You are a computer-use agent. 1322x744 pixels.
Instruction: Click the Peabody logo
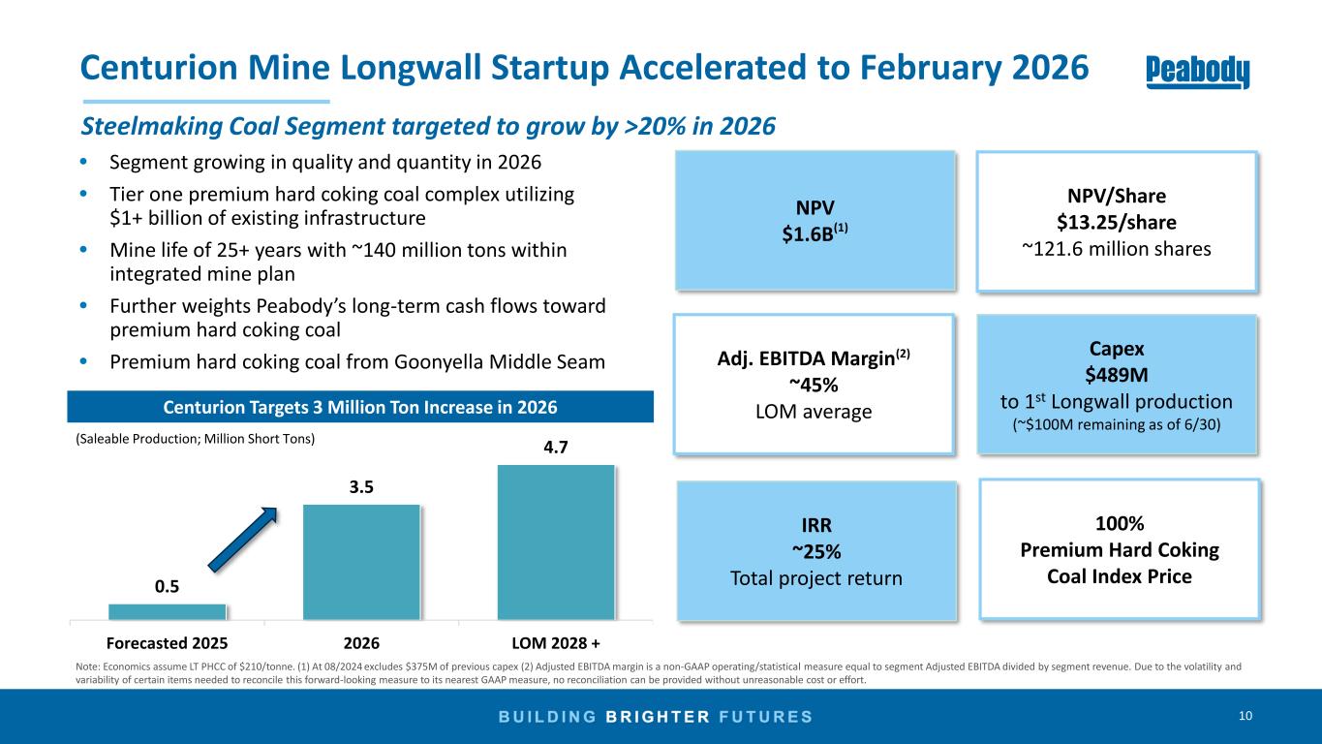click(1197, 72)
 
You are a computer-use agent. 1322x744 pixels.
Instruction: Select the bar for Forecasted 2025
click(168, 611)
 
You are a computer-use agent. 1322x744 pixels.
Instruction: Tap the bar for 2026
click(361, 561)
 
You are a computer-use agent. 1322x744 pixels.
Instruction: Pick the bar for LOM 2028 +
click(556, 542)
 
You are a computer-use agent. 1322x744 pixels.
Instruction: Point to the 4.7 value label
click(556, 449)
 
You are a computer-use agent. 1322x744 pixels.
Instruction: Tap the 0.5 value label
click(168, 587)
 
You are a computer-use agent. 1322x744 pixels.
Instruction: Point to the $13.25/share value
click(1117, 222)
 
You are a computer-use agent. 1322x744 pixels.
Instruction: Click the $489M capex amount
click(1117, 375)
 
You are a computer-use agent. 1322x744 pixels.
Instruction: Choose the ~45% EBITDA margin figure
click(814, 385)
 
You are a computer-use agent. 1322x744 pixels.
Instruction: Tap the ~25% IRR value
click(816, 551)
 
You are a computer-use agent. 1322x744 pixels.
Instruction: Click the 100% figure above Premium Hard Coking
click(1120, 524)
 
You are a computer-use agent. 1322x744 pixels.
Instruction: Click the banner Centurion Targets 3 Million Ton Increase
click(359, 406)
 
